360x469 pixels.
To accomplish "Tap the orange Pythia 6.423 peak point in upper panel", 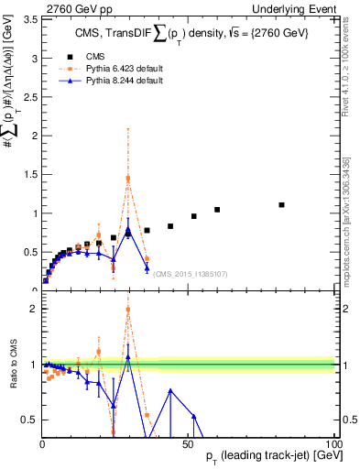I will coord(128,178).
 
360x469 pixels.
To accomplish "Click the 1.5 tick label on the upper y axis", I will coord(30,174).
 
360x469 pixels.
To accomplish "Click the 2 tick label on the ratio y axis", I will coord(34,309).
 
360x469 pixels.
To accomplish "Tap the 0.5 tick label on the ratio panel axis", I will coord(30,420).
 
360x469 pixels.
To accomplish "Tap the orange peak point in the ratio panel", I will coord(128,310).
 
